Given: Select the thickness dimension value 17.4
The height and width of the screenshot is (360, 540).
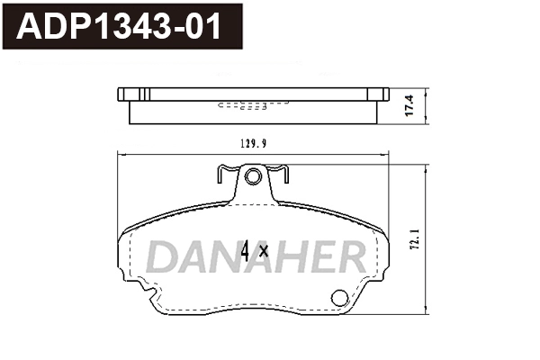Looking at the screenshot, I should [x=411, y=106].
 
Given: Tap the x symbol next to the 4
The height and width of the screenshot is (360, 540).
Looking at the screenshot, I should [x=264, y=252].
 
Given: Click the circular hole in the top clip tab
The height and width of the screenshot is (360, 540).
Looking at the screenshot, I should [x=253, y=176].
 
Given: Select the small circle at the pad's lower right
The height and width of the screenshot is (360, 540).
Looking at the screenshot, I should [x=340, y=298].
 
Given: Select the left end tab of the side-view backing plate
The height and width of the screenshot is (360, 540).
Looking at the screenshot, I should [x=125, y=94].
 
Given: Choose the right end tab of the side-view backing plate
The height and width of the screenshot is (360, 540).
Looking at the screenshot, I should [x=382, y=94].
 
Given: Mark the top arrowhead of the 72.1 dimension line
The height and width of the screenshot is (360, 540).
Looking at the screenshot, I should [x=424, y=168].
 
